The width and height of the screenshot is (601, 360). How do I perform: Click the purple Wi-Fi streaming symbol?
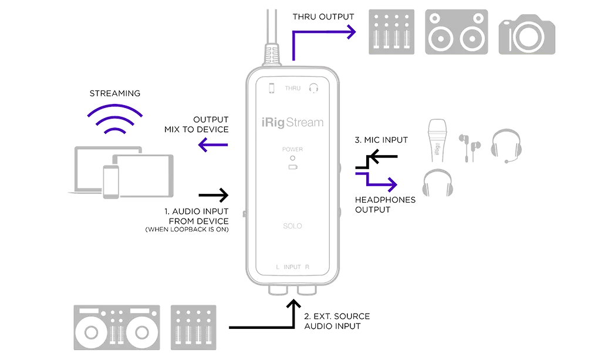[114, 120]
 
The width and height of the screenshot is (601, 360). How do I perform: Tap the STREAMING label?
[115, 93]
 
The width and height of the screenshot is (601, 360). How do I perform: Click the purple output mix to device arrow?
[213, 144]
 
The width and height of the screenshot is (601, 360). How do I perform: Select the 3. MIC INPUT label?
[380, 140]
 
